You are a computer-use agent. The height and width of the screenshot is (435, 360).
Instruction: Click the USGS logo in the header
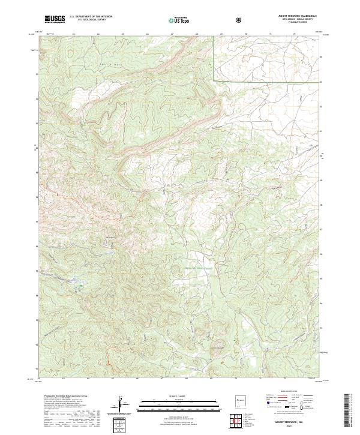click(x=55, y=20)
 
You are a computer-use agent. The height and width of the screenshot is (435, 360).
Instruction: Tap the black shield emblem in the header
click(x=239, y=20)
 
